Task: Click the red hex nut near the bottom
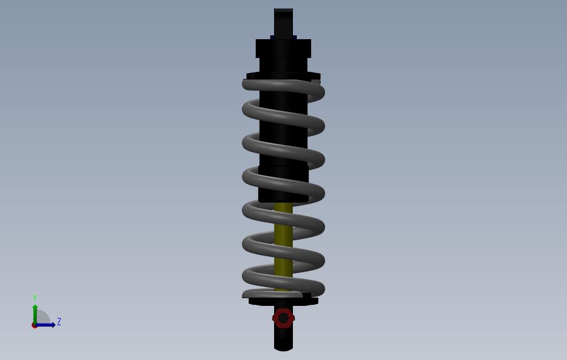tap(283, 318)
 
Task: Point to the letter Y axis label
tap(35, 298)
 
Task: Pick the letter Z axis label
tap(59, 322)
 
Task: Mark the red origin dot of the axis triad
tap(34, 325)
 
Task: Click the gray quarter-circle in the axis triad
tap(43, 317)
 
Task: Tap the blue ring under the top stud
tap(283, 38)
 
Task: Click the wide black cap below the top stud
tap(283, 49)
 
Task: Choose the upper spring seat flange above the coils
tap(283, 76)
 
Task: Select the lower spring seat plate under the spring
tap(283, 301)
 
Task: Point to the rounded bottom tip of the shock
tap(283, 345)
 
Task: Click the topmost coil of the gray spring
tap(283, 85)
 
